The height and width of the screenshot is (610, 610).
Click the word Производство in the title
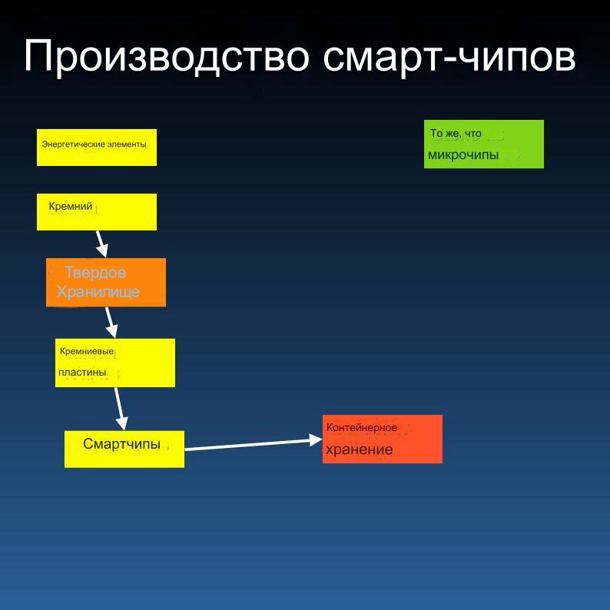(167, 57)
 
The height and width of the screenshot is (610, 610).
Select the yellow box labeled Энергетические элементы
(97, 148)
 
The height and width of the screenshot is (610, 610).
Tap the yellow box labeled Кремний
(97, 211)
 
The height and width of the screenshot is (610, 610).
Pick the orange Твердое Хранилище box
(106, 282)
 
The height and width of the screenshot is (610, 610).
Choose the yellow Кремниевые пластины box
(115, 363)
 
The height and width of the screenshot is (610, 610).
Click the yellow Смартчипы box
(124, 449)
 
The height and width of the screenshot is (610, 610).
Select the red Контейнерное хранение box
(383, 439)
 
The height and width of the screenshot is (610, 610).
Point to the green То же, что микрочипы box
(484, 144)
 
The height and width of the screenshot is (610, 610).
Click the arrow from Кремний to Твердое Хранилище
(102, 244)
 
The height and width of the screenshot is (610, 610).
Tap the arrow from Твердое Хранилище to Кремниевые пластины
(111, 323)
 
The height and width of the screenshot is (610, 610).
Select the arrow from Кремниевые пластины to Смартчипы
(121, 409)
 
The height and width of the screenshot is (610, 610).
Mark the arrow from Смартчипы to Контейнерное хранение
(254, 444)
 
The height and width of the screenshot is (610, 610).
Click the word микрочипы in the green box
(463, 155)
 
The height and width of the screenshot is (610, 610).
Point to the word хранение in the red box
(359, 450)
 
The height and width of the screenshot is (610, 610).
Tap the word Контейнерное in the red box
(362, 428)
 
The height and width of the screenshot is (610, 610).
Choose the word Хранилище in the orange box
(98, 292)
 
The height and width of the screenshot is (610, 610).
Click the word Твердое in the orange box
(95, 272)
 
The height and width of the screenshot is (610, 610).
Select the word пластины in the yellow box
(82, 373)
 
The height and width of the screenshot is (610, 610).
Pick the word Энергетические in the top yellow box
(73, 144)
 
